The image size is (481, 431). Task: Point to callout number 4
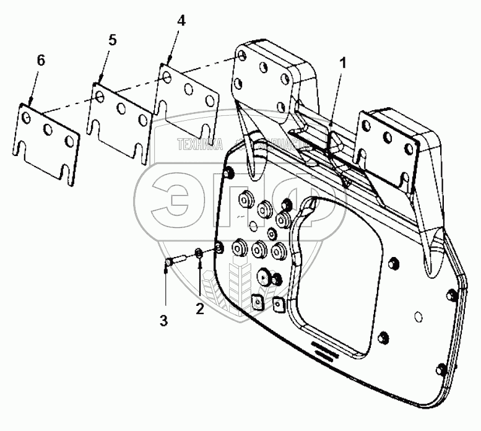(180, 20)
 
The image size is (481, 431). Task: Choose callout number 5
(112, 40)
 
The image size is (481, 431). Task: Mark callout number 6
(41, 60)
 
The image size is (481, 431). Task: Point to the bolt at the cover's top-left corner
(231, 174)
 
